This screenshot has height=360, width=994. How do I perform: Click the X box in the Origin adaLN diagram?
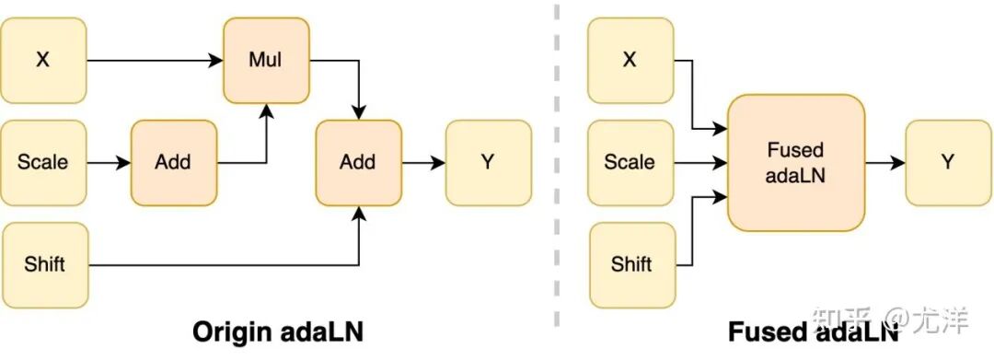[43, 60]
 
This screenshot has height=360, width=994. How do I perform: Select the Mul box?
[266, 60]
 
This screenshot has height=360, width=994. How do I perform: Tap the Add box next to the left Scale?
[174, 163]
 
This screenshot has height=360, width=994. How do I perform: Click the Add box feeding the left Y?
[359, 163]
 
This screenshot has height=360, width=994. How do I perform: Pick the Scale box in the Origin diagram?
[43, 163]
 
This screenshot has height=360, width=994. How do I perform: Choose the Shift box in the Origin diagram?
[45, 265]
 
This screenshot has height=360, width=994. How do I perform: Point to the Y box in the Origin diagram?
[488, 163]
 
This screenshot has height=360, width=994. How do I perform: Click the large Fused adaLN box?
[796, 163]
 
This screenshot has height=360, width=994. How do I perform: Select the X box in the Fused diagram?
[630, 60]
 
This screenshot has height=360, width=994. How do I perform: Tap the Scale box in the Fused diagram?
[630, 163]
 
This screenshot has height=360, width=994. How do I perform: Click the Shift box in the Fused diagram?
[632, 265]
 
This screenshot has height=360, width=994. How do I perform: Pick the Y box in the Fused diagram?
[948, 163]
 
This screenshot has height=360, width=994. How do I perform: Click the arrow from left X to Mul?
[155, 61]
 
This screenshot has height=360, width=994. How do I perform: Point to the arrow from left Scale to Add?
[109, 163]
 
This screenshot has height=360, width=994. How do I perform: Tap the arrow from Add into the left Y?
[423, 163]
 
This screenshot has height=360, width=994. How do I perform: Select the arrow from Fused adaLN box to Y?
[885, 163]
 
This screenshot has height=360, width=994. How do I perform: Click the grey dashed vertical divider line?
[557, 165]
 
